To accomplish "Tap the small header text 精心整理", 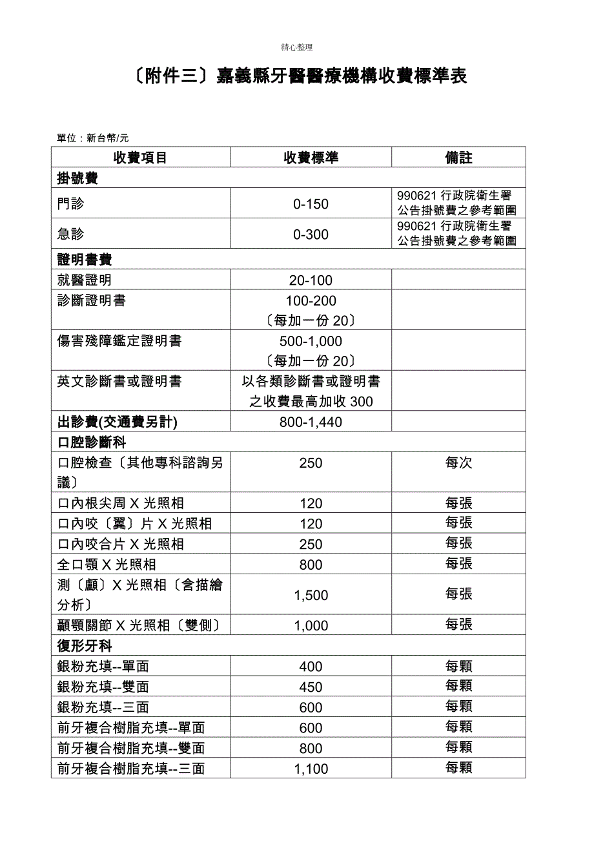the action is tap(297, 47).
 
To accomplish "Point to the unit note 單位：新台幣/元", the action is tap(93, 138).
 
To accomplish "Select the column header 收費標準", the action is tap(311, 158).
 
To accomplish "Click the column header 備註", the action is tap(458, 158).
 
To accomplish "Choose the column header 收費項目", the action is tap(140, 158).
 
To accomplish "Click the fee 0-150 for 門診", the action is tap(311, 204).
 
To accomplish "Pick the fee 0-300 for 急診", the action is tap(311, 234).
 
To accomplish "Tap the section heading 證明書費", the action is tap(85, 260).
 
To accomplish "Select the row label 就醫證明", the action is tap(85, 280).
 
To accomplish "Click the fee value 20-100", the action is tap(311, 280).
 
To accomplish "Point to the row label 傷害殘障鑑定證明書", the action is tap(119, 342).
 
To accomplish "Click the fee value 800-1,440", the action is tap(311, 422).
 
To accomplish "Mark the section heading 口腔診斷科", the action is tap(92, 442).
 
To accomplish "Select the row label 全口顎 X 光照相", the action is tap(107, 565).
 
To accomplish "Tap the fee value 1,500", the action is tap(311, 596).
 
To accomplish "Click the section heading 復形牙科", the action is tap(85, 646).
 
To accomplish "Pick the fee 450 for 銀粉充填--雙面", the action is tap(311, 687).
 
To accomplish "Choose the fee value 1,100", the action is tap(311, 769).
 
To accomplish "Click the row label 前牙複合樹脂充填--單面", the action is tap(131, 728).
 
